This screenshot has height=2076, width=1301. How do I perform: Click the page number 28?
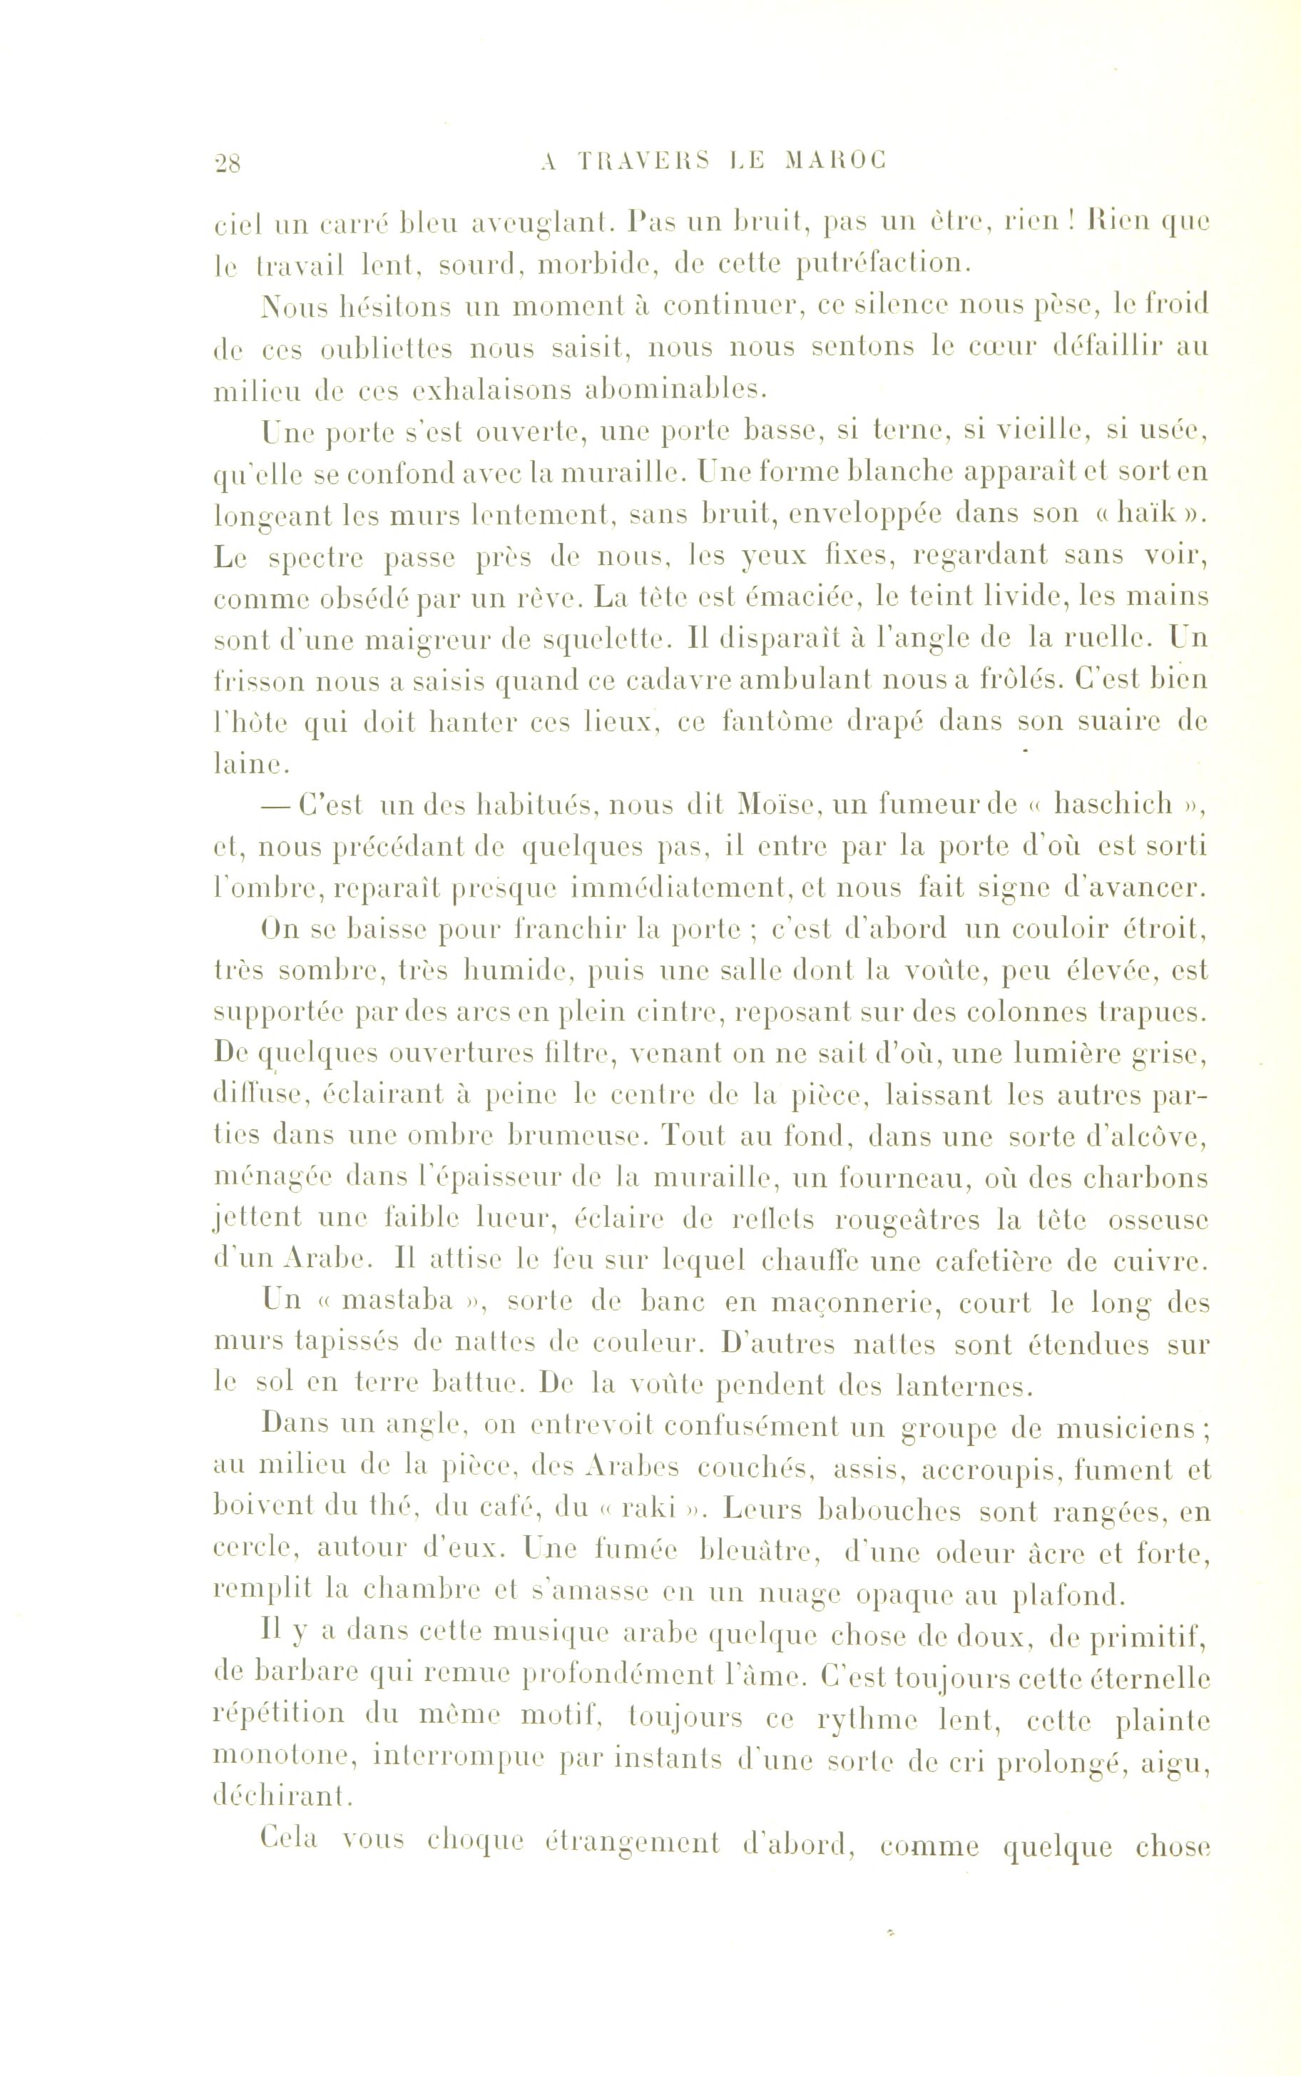(x=229, y=162)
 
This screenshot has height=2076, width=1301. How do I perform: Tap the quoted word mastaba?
(x=397, y=1301)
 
